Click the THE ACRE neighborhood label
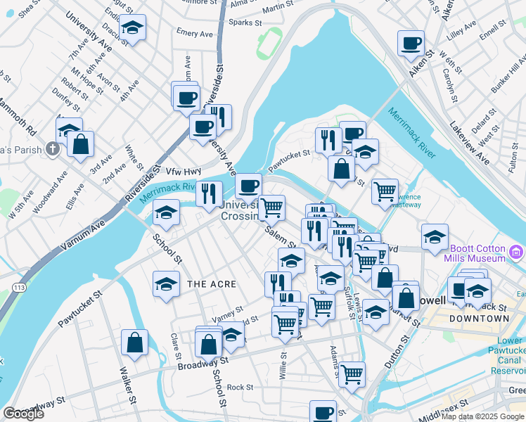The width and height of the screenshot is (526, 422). click(x=210, y=283)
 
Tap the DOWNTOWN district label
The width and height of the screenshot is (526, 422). click(x=480, y=319)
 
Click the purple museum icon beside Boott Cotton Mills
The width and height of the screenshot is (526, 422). click(x=518, y=251)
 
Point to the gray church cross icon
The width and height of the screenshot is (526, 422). click(x=52, y=149)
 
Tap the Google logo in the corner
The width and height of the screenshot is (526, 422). click(x=24, y=413)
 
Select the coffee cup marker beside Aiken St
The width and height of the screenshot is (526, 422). click(x=411, y=43)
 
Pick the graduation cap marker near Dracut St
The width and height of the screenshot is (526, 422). click(x=131, y=27)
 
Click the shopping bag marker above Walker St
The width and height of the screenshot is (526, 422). click(x=134, y=343)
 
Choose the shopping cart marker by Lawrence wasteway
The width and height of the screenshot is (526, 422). click(x=385, y=191)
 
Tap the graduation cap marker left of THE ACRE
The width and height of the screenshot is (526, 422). click(x=166, y=284)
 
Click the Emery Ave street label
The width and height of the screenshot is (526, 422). click(x=194, y=33)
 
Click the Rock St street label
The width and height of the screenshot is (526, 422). click(x=240, y=387)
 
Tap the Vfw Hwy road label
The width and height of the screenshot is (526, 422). click(x=184, y=171)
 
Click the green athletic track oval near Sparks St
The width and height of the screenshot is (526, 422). click(x=268, y=41)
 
